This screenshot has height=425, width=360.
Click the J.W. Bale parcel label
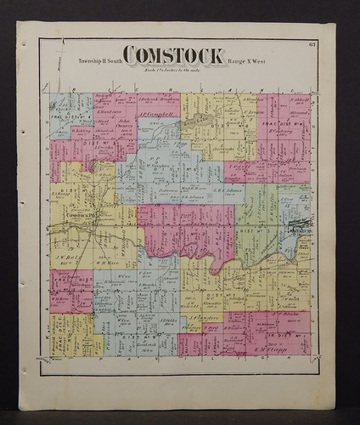click(x=70, y=248)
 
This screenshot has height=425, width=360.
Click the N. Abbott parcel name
click(x=297, y=99)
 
